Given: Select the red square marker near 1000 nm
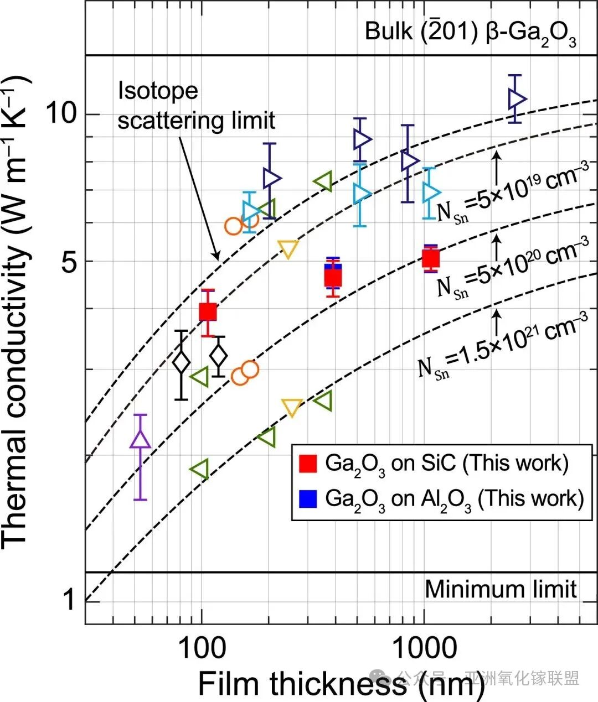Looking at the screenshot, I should (431, 258).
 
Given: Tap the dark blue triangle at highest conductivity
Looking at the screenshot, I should (517, 98).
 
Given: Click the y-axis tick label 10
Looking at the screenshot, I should (61, 114).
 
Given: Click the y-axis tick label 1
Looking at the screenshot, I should (68, 600).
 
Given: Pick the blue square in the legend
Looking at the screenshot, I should (307, 498).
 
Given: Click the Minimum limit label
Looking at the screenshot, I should (501, 589).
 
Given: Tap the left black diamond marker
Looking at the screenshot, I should (181, 363).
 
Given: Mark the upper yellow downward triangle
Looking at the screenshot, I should (288, 249).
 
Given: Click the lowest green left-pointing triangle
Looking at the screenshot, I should (199, 469).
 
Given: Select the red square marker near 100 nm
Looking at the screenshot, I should (208, 313).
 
